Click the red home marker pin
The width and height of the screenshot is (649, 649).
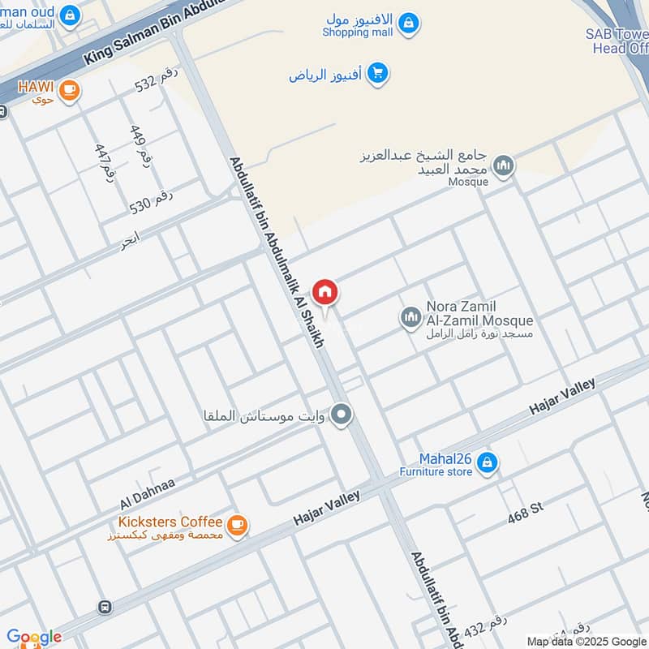click(325, 292)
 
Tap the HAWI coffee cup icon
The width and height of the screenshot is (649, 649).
click(70, 90)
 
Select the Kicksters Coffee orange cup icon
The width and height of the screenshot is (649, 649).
click(237, 525)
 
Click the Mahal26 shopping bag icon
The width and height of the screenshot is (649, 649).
click(487, 463)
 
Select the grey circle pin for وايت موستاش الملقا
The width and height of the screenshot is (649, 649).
click(342, 415)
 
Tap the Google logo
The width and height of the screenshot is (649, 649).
click(33, 637)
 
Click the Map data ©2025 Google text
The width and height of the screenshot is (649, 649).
click(586, 641)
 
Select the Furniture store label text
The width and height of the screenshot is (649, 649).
click(436, 472)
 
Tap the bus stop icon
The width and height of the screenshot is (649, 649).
click(104, 606)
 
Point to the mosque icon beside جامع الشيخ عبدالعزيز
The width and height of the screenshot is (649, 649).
click(505, 165)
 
